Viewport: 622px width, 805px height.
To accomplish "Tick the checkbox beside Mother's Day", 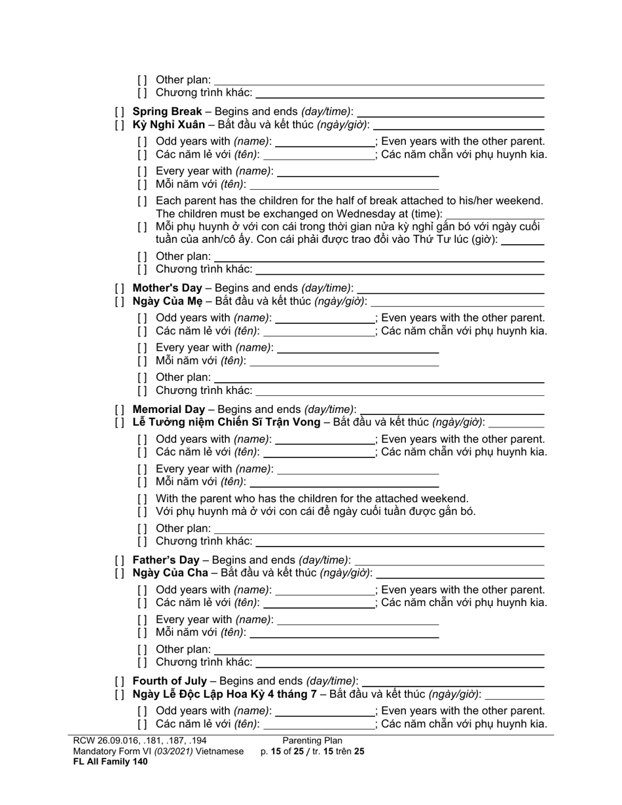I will [119, 288].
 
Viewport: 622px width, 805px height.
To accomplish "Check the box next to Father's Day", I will [119, 560].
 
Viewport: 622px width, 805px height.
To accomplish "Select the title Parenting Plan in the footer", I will [312, 741].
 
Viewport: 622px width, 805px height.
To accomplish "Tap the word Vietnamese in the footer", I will [220, 751].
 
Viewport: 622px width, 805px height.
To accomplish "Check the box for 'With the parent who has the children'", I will [142, 499].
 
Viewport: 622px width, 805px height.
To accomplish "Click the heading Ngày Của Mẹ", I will [166, 301].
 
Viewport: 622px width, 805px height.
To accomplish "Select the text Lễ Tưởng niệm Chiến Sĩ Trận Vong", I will [226, 422].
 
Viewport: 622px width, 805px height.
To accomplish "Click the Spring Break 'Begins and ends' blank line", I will [451, 112].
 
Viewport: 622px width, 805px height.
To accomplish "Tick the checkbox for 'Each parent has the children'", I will [142, 201].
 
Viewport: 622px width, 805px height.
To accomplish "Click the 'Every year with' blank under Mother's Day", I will [358, 348].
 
